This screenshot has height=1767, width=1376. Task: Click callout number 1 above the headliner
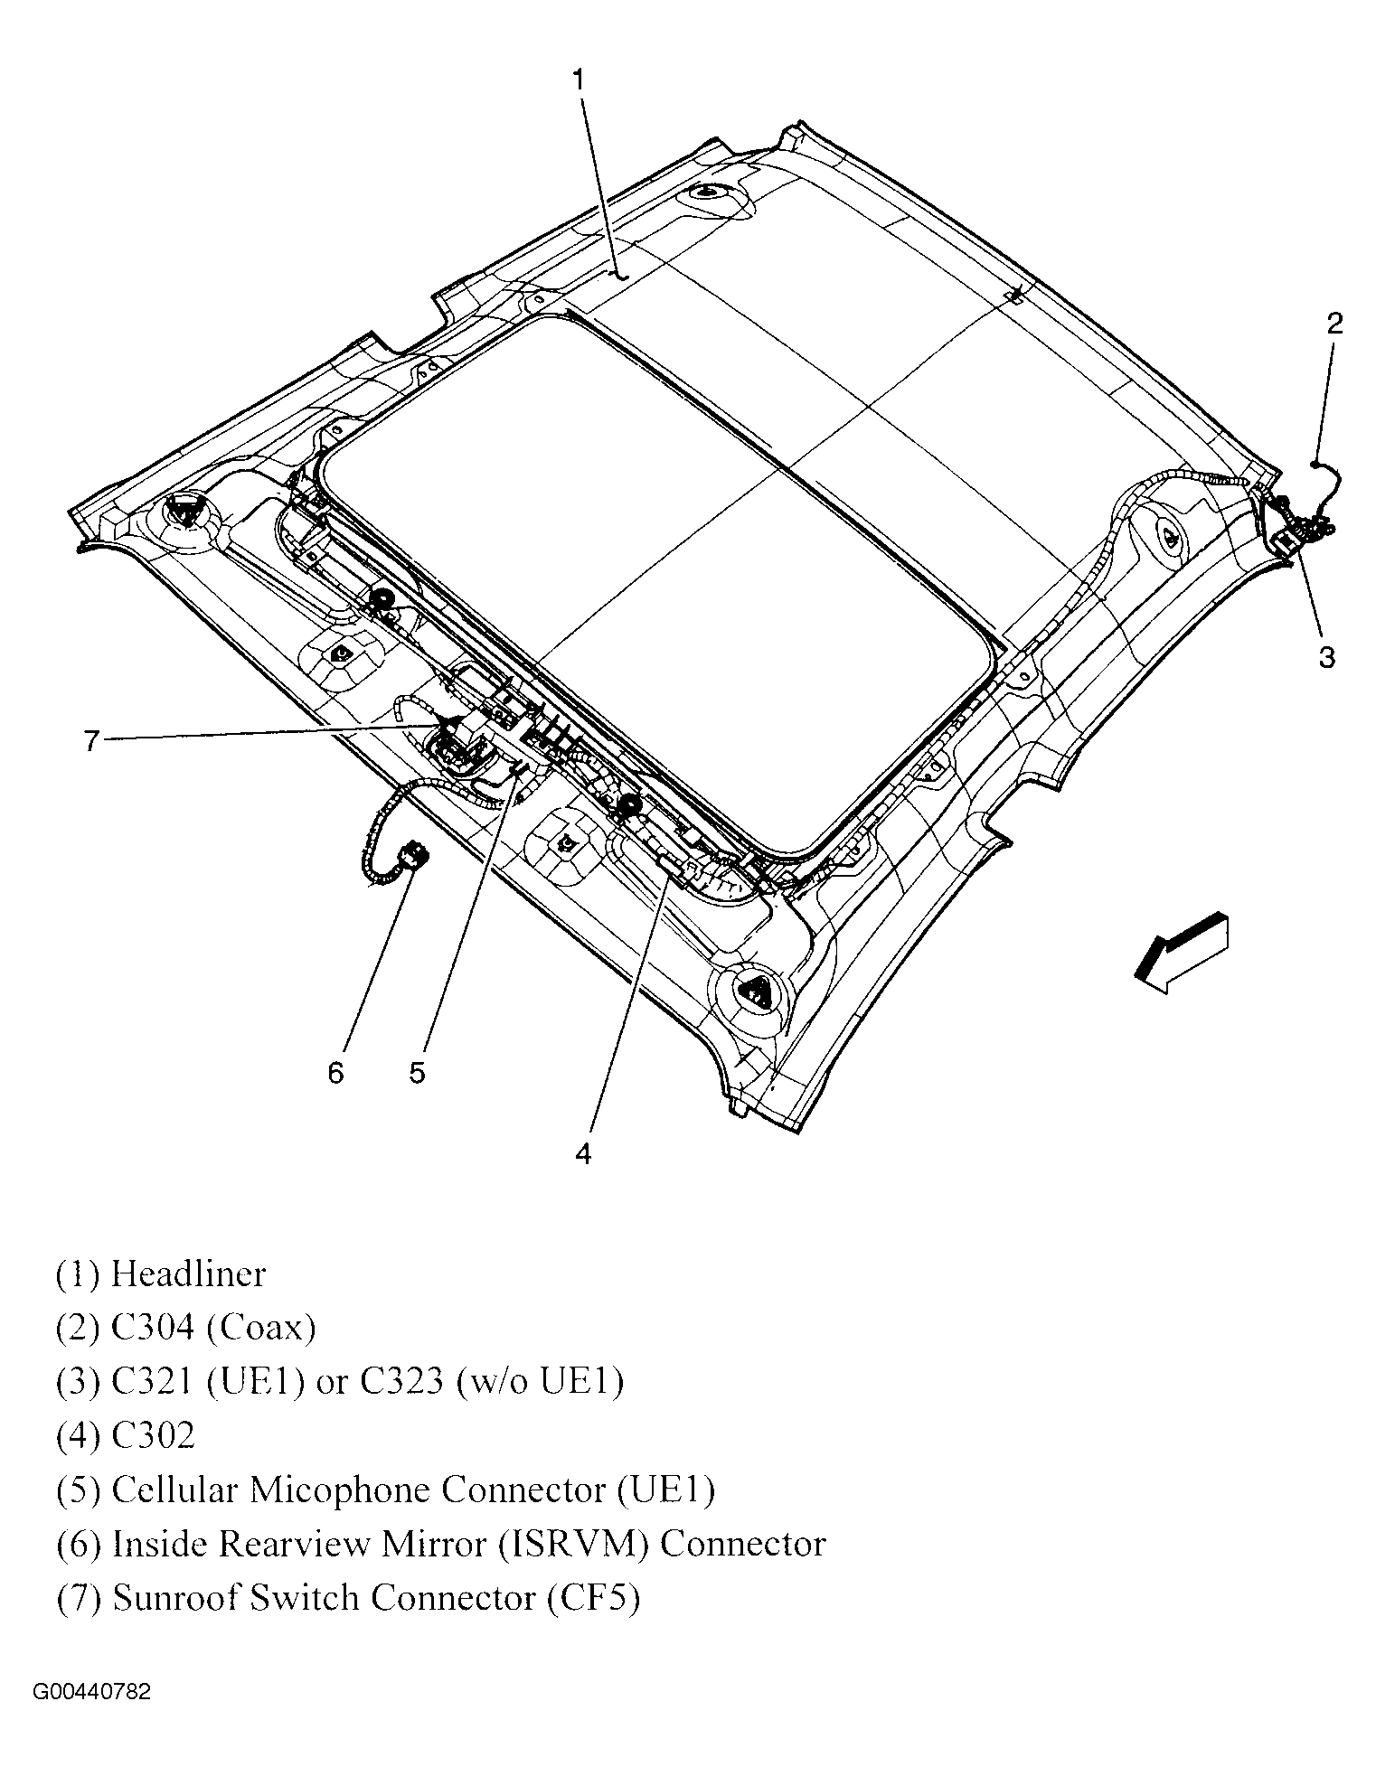579,80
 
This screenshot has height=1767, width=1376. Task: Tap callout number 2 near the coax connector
1334,324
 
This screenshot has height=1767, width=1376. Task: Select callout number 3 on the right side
1326,657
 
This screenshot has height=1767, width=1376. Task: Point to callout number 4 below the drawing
583,1153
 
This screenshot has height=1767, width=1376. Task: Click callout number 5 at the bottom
417,1073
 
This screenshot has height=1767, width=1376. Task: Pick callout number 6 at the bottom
336,1073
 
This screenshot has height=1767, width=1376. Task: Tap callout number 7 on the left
90,741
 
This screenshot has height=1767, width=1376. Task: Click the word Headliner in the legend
188,1274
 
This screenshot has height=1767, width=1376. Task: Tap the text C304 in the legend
153,1328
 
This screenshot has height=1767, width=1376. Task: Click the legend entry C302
153,1435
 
